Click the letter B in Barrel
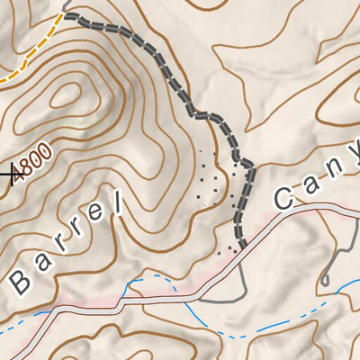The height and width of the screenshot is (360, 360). click(x=18, y=282)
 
